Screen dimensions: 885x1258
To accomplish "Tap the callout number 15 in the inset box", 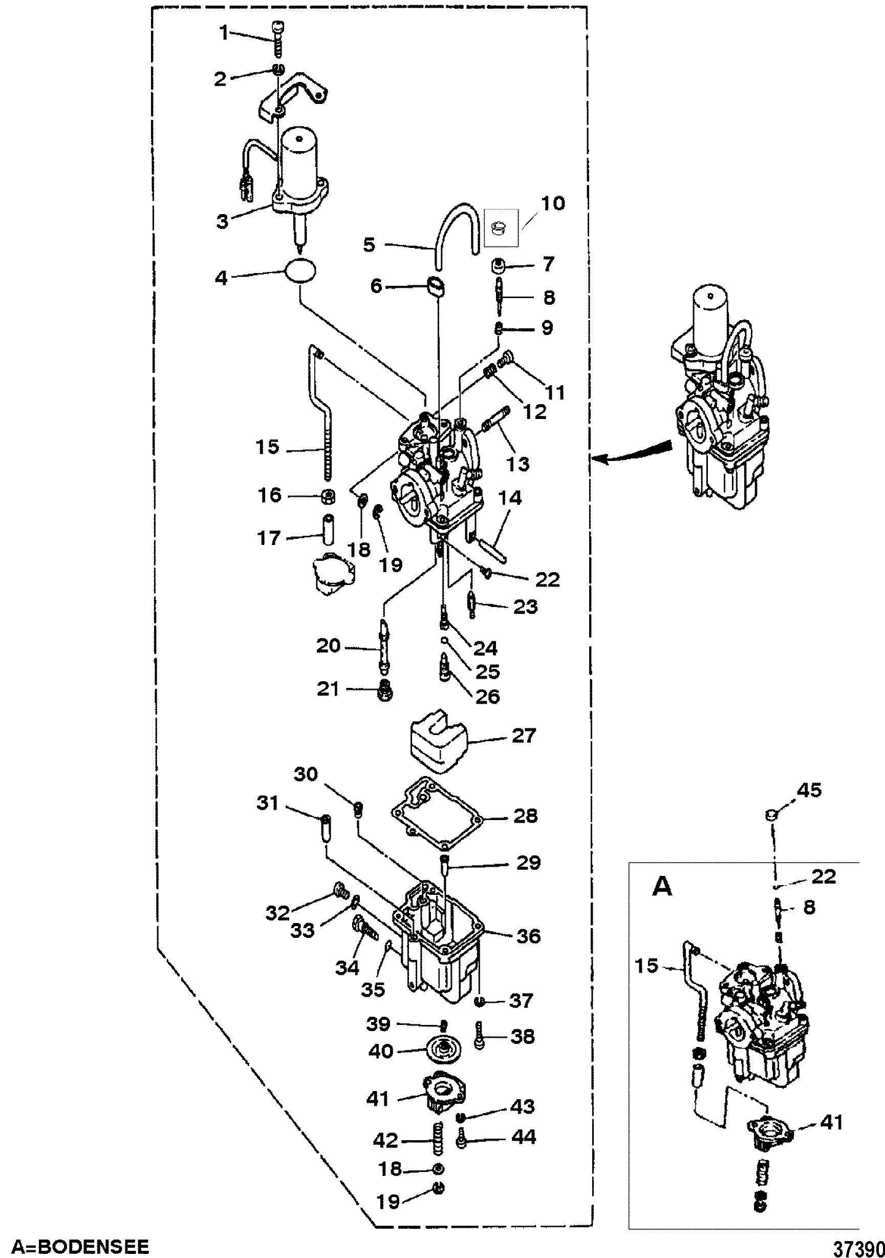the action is (646, 966).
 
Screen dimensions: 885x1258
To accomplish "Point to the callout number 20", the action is (329, 646).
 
